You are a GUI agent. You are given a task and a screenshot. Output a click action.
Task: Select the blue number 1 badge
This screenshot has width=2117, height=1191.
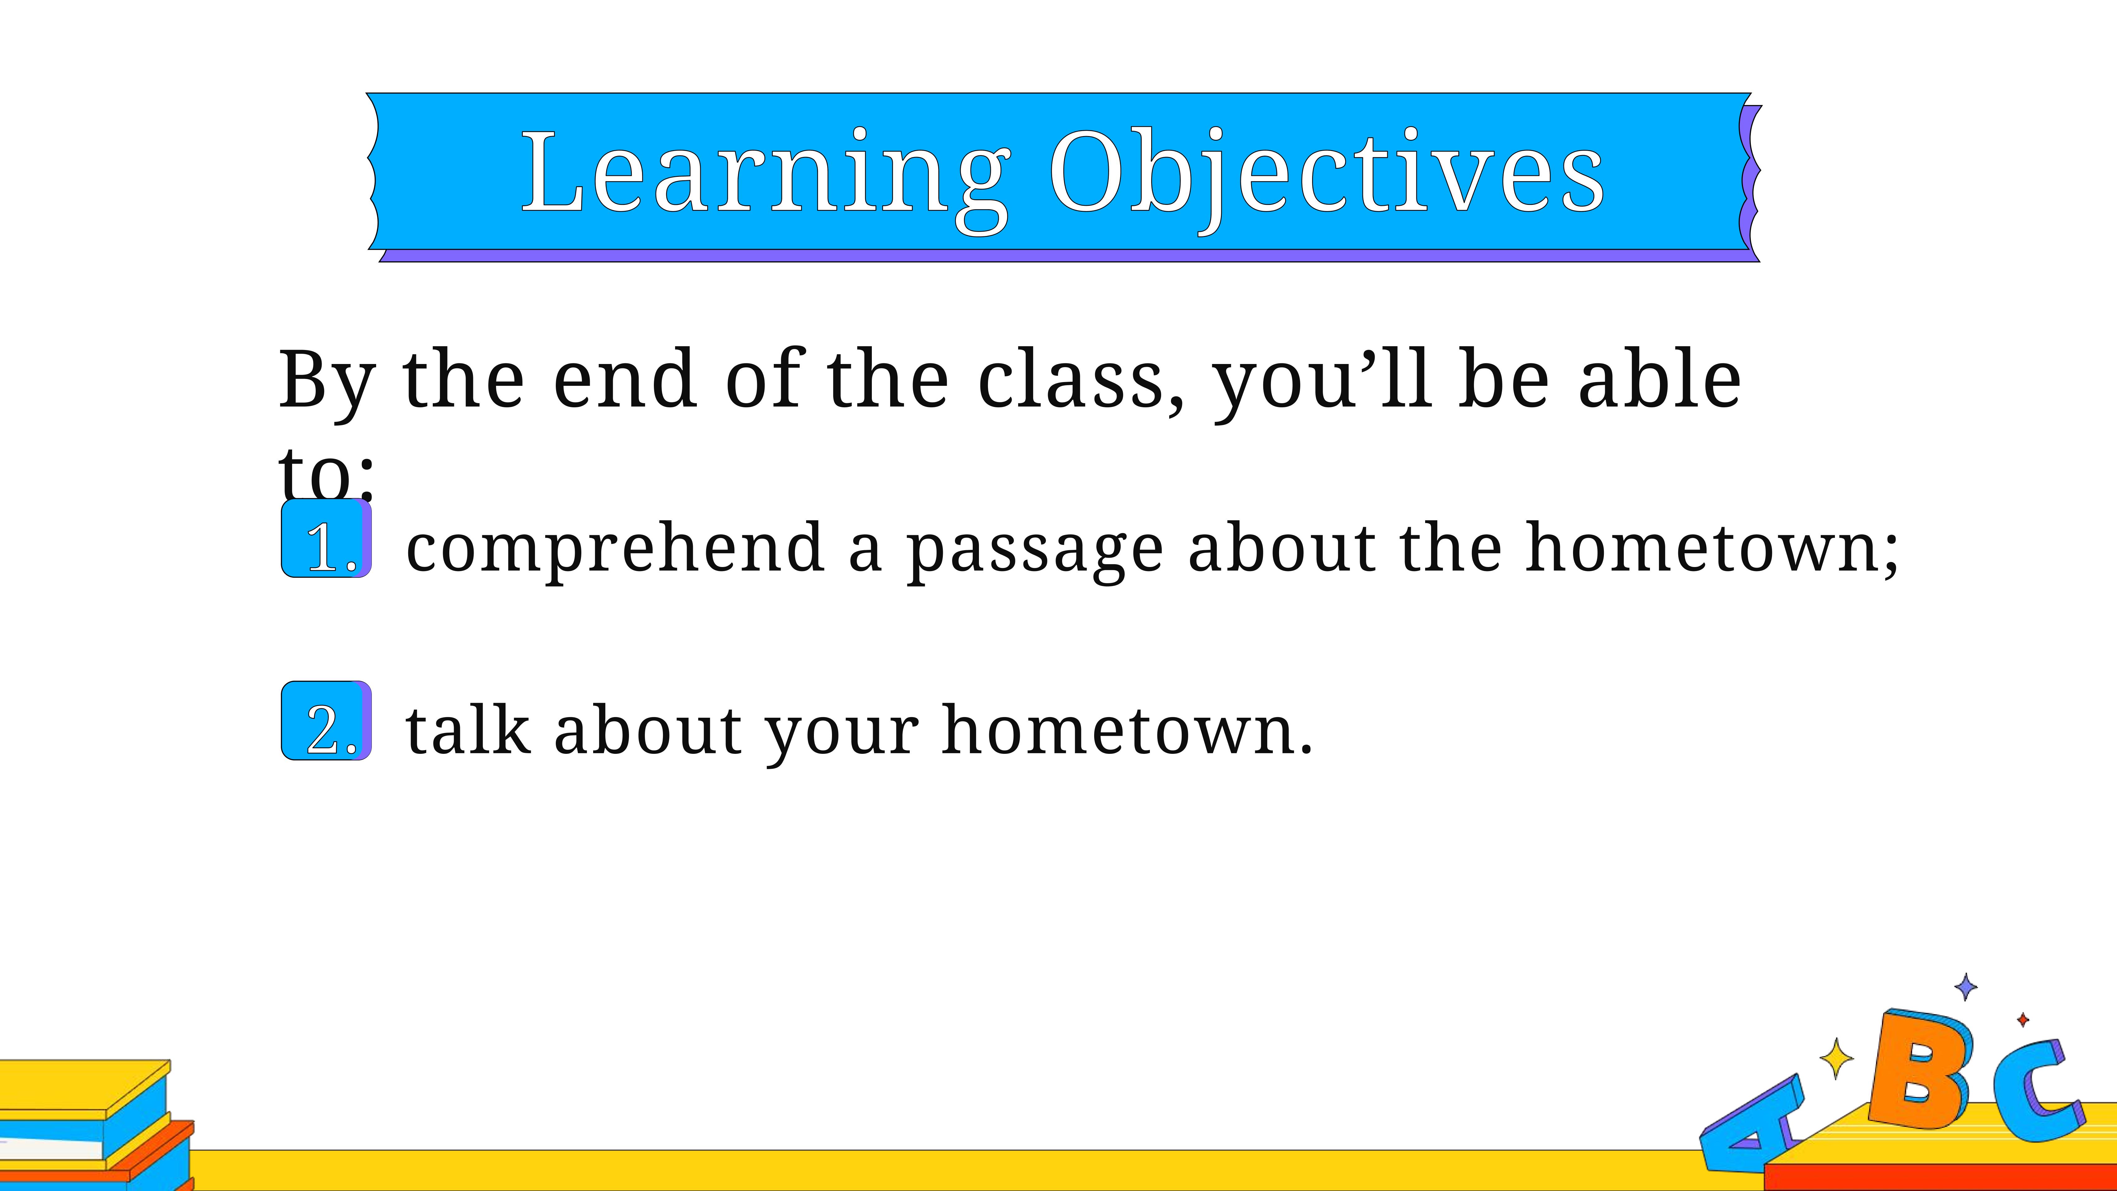[326, 538]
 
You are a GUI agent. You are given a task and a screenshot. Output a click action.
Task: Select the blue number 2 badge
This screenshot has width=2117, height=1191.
[326, 721]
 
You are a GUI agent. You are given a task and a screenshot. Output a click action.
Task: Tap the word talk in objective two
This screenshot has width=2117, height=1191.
[467, 730]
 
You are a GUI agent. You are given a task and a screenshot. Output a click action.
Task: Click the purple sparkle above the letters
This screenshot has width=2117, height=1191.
[1966, 986]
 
